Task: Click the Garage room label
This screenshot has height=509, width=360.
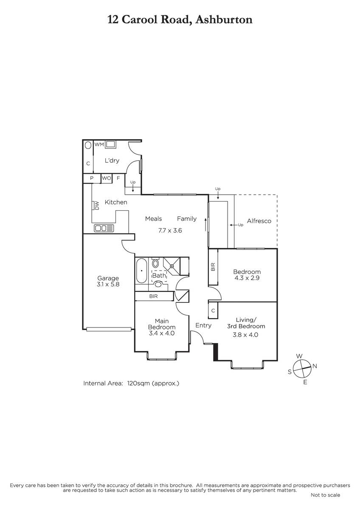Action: [x=108, y=278]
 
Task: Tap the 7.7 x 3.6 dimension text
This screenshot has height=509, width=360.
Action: [x=170, y=230]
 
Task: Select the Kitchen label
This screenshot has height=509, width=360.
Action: [x=116, y=202]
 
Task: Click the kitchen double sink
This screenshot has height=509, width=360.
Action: [x=104, y=228]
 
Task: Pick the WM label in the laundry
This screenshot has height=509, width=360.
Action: [x=99, y=144]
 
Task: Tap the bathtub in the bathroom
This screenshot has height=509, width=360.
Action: [x=141, y=271]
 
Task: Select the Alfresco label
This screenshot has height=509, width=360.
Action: [x=259, y=221]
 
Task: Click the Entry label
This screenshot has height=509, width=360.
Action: [x=203, y=325]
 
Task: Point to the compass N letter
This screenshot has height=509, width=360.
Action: [x=315, y=366]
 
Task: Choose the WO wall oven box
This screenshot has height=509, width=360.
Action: [x=107, y=178]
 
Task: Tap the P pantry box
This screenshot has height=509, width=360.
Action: [x=92, y=179]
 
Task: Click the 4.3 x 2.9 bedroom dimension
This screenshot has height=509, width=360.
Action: [x=247, y=278]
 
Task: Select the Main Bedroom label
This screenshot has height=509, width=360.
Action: [x=162, y=324]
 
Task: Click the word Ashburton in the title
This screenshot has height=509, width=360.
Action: [x=224, y=20]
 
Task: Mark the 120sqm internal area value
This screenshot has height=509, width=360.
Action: [x=138, y=383]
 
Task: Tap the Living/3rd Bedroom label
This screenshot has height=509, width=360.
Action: [x=246, y=323]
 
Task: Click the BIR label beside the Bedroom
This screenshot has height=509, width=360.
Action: [x=213, y=267]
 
